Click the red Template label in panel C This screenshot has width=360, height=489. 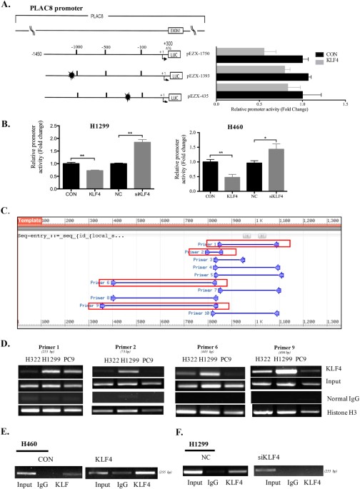click(30, 221)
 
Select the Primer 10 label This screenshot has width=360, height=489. click(199, 313)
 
